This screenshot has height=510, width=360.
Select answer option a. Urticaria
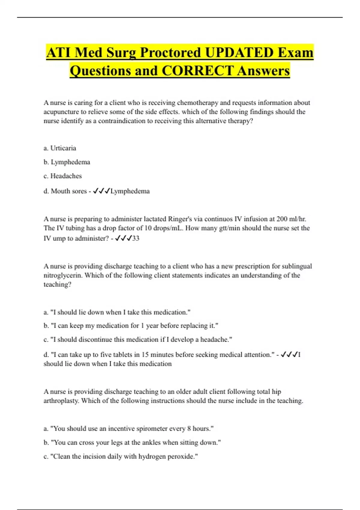(x=60, y=148)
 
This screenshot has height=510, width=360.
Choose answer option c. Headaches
(x=62, y=176)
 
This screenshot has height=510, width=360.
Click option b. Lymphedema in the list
(x=67, y=162)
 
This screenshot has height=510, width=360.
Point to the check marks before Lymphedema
(x=101, y=191)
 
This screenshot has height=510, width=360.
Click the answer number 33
(x=136, y=238)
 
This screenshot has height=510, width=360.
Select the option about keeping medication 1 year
(x=131, y=325)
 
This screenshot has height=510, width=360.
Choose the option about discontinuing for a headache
(x=138, y=339)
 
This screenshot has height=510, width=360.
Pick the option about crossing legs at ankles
(x=132, y=442)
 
